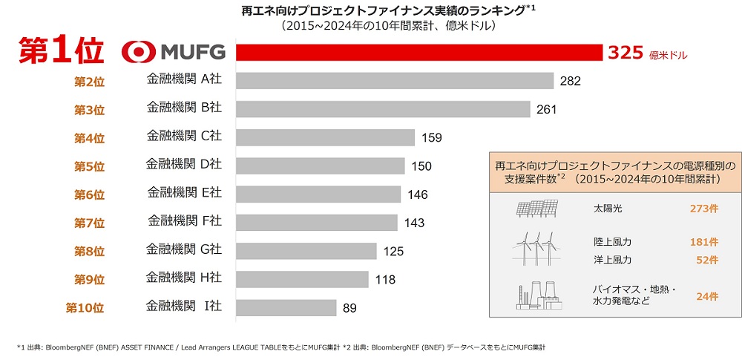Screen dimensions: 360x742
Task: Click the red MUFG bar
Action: [x=419, y=53]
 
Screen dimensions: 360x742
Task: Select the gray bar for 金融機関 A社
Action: [x=395, y=81]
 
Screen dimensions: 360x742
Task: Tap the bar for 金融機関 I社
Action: [x=286, y=307]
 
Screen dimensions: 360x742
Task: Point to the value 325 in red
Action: [x=624, y=53]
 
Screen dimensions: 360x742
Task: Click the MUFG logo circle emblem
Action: [x=138, y=52]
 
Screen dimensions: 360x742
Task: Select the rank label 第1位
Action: [x=59, y=51]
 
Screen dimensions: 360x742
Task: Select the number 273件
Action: [x=704, y=209]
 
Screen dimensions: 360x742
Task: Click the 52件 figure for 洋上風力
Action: [x=707, y=260]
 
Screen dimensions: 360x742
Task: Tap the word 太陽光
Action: [x=608, y=209]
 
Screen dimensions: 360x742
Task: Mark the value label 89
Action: [x=349, y=307]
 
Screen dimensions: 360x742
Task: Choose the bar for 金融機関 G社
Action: [x=306, y=250]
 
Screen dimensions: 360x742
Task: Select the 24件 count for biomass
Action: [x=707, y=296]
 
